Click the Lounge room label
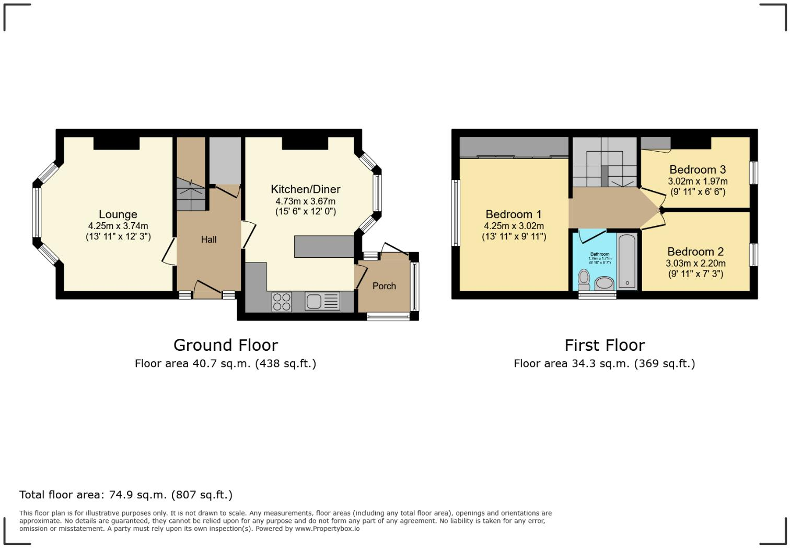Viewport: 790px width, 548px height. (118, 214)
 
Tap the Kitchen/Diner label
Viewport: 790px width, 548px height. (305, 189)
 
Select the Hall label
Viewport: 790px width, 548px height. (208, 239)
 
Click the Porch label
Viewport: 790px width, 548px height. (384, 286)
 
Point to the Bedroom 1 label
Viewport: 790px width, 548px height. (513, 214)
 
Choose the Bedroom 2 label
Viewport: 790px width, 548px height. (695, 252)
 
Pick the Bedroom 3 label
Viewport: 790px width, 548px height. (697, 169)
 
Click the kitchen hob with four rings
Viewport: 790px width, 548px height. (282, 302)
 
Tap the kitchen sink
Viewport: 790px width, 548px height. (315, 301)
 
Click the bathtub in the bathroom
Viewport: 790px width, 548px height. (627, 262)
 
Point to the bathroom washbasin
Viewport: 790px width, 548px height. (605, 283)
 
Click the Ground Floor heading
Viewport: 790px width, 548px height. (225, 345)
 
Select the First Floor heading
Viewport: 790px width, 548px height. (605, 345)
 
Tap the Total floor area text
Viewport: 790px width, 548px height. (125, 495)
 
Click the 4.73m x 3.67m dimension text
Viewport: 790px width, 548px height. (305, 201)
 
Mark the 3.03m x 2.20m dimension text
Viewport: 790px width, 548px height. (695, 264)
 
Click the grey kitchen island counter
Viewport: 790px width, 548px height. (324, 247)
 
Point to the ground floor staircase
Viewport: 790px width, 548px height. (190, 194)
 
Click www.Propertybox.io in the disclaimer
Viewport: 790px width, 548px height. (327, 529)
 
